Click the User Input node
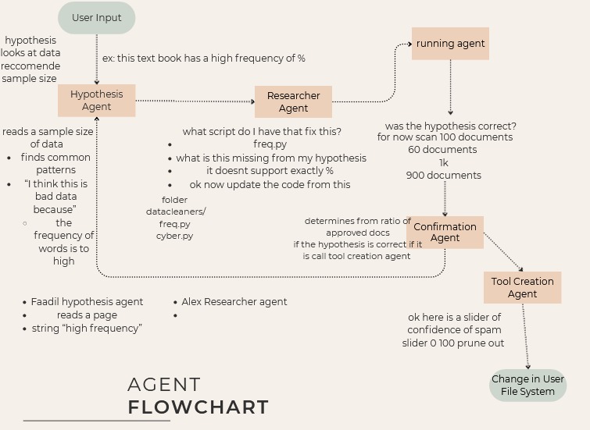(96, 18)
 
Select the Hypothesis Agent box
(96, 101)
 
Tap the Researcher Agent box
(293, 102)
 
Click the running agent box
(450, 44)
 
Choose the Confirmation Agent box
(445, 233)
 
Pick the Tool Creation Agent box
(522, 287)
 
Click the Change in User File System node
(527, 386)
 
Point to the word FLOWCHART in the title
(198, 407)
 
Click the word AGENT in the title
(164, 385)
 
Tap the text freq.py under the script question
(270, 144)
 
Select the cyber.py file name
(174, 236)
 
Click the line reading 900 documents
(443, 176)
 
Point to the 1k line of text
(443, 162)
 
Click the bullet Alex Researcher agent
(234, 301)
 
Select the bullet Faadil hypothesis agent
(87, 301)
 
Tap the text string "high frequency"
(87, 329)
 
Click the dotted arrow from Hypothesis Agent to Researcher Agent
(195, 101)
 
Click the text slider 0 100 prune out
(453, 343)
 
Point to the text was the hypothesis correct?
(450, 126)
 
